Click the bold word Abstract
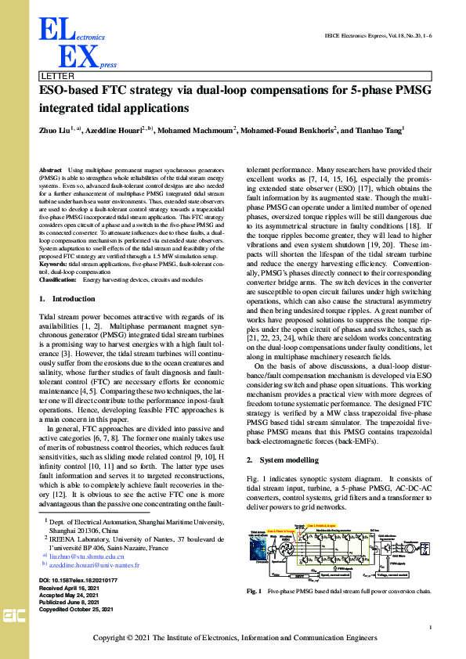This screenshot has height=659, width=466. tap(50, 170)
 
